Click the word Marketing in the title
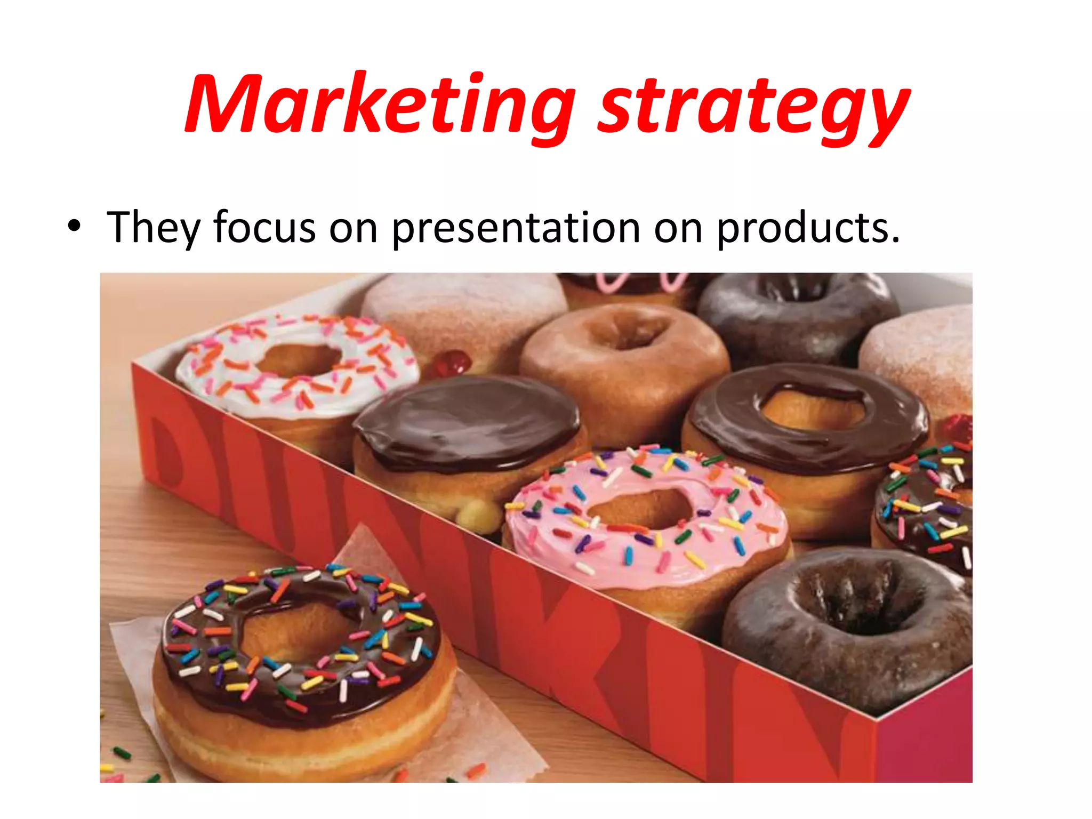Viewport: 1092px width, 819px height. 380,104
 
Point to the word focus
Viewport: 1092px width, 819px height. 264,227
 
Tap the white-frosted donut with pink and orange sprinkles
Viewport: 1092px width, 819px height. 299,368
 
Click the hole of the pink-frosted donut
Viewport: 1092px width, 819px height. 640,509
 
